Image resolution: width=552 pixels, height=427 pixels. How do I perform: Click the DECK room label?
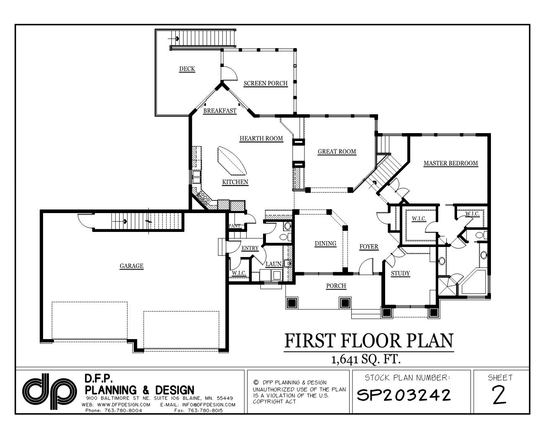pyautogui.click(x=187, y=69)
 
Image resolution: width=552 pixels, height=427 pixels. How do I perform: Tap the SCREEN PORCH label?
pyautogui.click(x=266, y=83)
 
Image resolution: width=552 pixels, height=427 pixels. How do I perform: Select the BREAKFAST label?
pyautogui.click(x=220, y=111)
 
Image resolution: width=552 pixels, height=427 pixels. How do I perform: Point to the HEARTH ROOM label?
pyautogui.click(x=261, y=139)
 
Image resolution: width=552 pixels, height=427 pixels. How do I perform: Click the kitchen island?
pyautogui.click(x=231, y=162)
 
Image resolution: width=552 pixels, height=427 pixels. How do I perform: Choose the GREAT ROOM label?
pyautogui.click(x=337, y=152)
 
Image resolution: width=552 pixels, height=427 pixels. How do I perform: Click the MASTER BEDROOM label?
pyautogui.click(x=450, y=163)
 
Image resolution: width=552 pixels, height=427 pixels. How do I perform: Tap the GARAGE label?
pyautogui.click(x=131, y=266)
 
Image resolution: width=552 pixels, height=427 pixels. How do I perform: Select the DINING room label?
pyautogui.click(x=325, y=244)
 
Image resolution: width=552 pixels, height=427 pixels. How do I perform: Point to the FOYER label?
pyautogui.click(x=369, y=247)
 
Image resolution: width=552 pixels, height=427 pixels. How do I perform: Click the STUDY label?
pyautogui.click(x=400, y=274)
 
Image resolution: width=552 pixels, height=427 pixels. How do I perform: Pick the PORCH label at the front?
pyautogui.click(x=336, y=286)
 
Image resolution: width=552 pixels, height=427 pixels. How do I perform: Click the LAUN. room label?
pyautogui.click(x=273, y=264)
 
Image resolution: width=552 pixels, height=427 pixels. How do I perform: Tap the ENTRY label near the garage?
pyautogui.click(x=250, y=248)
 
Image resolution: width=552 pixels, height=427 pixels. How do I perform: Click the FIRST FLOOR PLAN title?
pyautogui.click(x=368, y=341)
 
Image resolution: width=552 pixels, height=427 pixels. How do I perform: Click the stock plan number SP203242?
pyautogui.click(x=404, y=395)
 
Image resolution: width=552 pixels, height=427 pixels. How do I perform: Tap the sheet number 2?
pyautogui.click(x=500, y=396)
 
